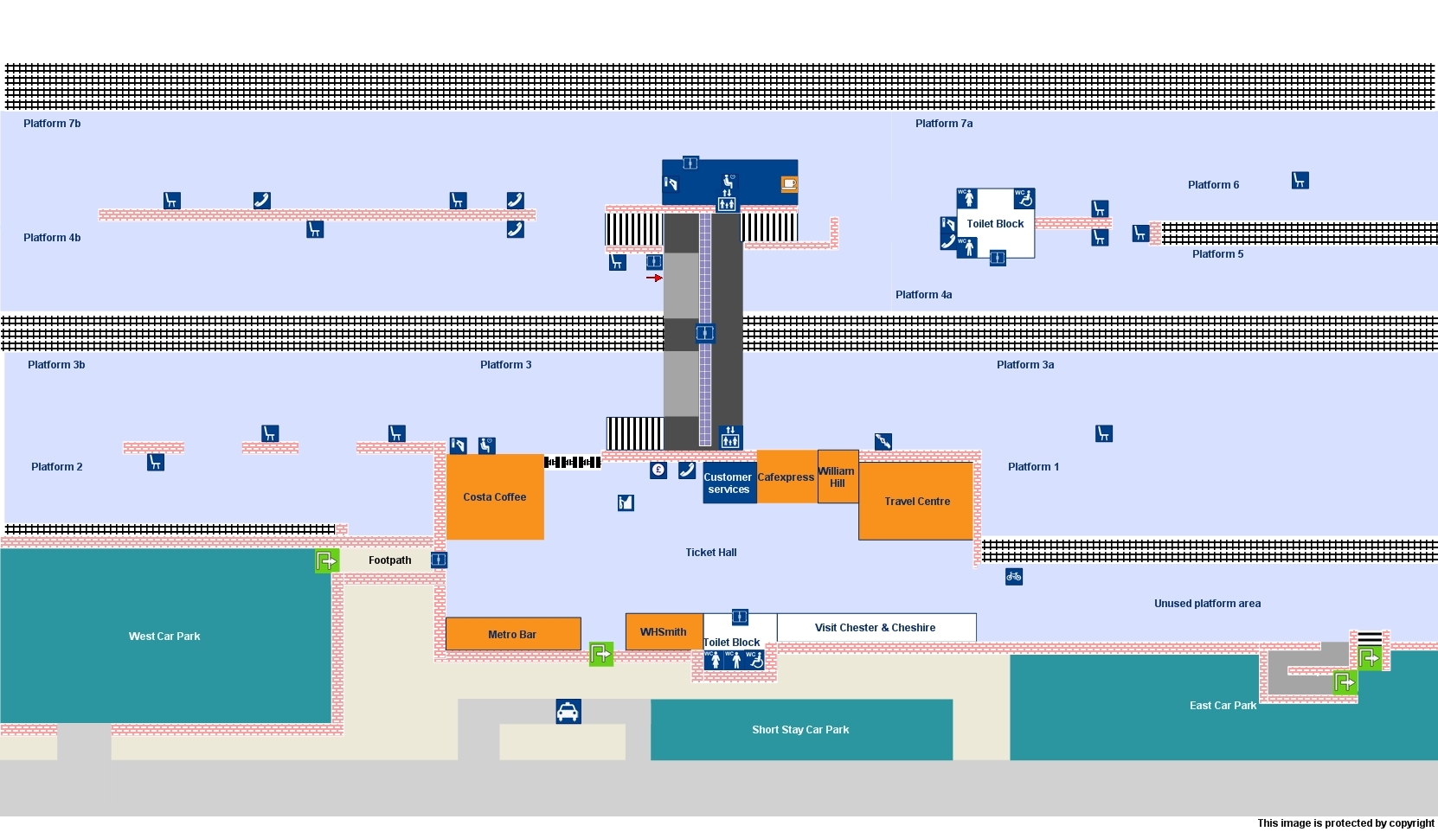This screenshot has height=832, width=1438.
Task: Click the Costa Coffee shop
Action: coord(495,497)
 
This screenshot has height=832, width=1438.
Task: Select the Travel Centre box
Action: coord(916,502)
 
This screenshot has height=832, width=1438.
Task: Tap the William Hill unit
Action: coord(838,477)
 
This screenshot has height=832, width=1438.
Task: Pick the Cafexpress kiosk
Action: coord(786,477)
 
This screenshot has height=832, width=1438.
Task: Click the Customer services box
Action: coord(729,483)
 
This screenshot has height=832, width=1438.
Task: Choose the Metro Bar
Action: coord(512,634)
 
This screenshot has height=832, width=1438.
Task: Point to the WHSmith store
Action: coord(664,632)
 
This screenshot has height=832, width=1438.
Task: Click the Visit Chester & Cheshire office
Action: coord(875,628)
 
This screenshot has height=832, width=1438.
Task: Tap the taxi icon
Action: coord(568,712)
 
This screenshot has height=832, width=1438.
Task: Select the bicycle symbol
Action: coord(1014,576)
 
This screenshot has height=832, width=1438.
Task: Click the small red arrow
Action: coord(654,278)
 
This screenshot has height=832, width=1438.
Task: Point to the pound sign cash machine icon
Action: coord(658,470)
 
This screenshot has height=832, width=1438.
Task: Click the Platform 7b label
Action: coord(52,124)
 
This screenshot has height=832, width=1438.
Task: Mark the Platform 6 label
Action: coord(1213,185)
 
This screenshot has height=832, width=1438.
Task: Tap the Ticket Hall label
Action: coord(711,553)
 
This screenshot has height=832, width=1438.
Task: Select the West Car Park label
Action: coord(164,637)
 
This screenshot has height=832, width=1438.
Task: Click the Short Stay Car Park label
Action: coord(800,730)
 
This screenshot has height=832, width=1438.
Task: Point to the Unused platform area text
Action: coord(1207,604)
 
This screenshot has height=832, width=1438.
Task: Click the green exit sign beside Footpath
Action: coord(326,561)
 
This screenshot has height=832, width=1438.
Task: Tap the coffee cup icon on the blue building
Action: coord(788,183)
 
